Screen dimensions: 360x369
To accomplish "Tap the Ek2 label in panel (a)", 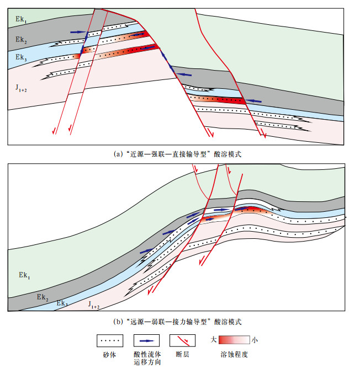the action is (22, 40).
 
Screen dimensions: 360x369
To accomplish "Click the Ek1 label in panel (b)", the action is (25, 274).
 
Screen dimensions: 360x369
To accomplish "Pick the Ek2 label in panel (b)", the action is (44, 297).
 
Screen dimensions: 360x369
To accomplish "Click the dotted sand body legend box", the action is (109, 340).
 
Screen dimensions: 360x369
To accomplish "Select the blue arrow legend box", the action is (146, 340).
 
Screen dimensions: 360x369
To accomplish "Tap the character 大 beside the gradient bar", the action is (213, 340).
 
